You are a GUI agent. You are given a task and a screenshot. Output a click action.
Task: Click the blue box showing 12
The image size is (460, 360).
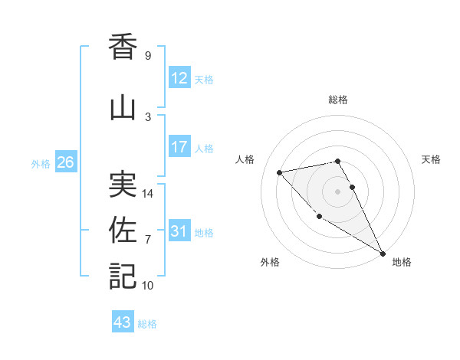pyautogui.click(x=179, y=78)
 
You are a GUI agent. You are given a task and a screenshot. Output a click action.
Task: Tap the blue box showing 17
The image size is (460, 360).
pyautogui.click(x=179, y=147)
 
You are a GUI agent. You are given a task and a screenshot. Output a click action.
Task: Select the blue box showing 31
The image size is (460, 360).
pyautogui.click(x=179, y=231)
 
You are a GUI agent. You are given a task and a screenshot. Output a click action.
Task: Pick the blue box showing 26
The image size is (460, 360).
pyautogui.click(x=65, y=162)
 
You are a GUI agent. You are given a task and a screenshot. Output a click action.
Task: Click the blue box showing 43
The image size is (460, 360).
pyautogui.click(x=123, y=322)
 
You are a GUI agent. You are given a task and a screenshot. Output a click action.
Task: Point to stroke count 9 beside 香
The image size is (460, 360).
pyautogui.click(x=147, y=56)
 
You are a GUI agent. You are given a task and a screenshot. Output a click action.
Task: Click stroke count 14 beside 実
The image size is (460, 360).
pyautogui.click(x=148, y=194)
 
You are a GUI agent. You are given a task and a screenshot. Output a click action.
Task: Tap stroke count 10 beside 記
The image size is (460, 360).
pyautogui.click(x=148, y=286)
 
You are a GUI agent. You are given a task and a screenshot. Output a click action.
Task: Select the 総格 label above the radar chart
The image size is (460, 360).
pyautogui.click(x=338, y=100)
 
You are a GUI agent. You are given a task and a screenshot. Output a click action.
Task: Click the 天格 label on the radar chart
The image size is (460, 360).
pyautogui.click(x=431, y=159)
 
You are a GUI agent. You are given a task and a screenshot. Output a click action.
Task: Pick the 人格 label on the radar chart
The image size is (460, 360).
pyautogui.click(x=245, y=159)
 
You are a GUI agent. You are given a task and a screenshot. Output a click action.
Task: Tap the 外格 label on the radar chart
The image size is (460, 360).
pyautogui.click(x=270, y=262)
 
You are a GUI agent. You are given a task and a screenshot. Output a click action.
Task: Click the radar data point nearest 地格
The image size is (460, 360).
pyautogui.click(x=383, y=254)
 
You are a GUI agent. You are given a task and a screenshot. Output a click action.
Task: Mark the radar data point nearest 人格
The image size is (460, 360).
pyautogui.click(x=280, y=172)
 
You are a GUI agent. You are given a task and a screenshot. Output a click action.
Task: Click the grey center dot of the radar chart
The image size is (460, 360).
pyautogui.click(x=338, y=191)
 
